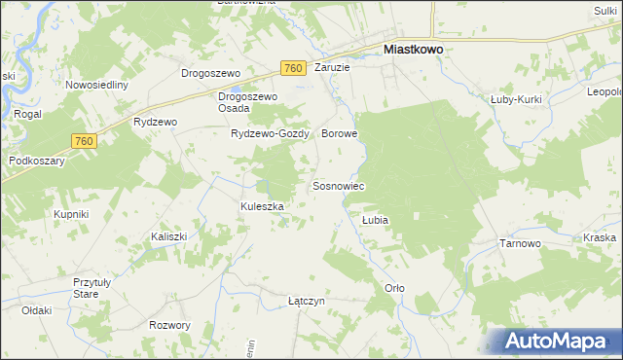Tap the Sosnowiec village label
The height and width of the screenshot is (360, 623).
point(338,185)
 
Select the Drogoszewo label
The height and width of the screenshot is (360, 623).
point(211,72)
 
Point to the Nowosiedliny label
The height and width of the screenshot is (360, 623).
point(97,85)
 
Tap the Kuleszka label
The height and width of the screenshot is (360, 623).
point(262,206)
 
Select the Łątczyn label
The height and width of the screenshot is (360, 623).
point(306,301)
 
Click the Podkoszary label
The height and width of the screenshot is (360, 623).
point(36,161)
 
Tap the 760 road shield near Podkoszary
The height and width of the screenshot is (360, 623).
point(84,142)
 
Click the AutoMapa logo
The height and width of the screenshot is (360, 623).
point(559,341)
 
